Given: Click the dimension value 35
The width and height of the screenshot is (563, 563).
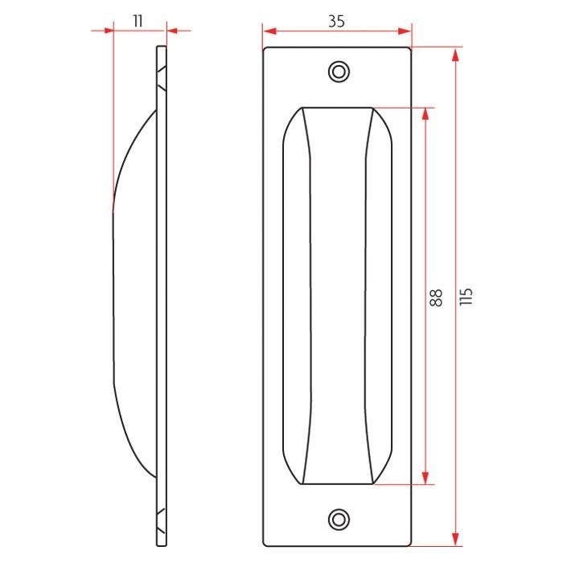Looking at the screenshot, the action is (336, 22).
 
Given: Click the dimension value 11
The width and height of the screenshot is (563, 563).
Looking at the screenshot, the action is (138, 22).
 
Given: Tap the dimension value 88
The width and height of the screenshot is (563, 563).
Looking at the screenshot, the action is (436, 298).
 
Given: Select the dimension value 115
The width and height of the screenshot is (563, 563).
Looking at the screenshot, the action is (466, 297).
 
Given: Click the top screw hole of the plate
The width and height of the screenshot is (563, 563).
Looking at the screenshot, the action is (339, 72).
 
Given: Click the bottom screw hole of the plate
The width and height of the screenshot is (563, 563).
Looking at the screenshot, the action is (339, 520).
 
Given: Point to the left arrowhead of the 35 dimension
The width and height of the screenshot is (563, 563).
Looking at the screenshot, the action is (270, 31).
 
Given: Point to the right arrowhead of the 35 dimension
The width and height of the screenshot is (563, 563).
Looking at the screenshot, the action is (405, 31).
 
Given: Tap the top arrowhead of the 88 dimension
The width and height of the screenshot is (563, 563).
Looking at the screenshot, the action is (425, 114).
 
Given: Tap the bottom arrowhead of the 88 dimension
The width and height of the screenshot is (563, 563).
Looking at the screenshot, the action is (425, 478).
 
